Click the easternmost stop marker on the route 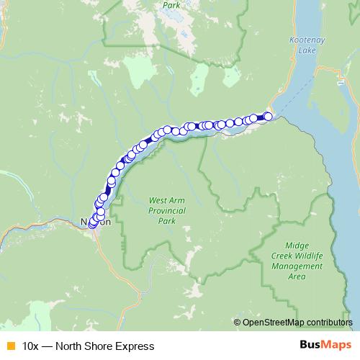(269, 116)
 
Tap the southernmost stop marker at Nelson (92, 225)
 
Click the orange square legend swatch (9, 346)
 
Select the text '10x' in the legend (31, 346)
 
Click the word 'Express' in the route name (135, 346)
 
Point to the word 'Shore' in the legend (100, 346)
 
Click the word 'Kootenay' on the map (307, 40)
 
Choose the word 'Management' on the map (297, 266)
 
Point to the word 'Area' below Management (297, 276)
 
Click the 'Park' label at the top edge (171, 5)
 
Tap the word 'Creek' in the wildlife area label (284, 256)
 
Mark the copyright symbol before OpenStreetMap (237, 322)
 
